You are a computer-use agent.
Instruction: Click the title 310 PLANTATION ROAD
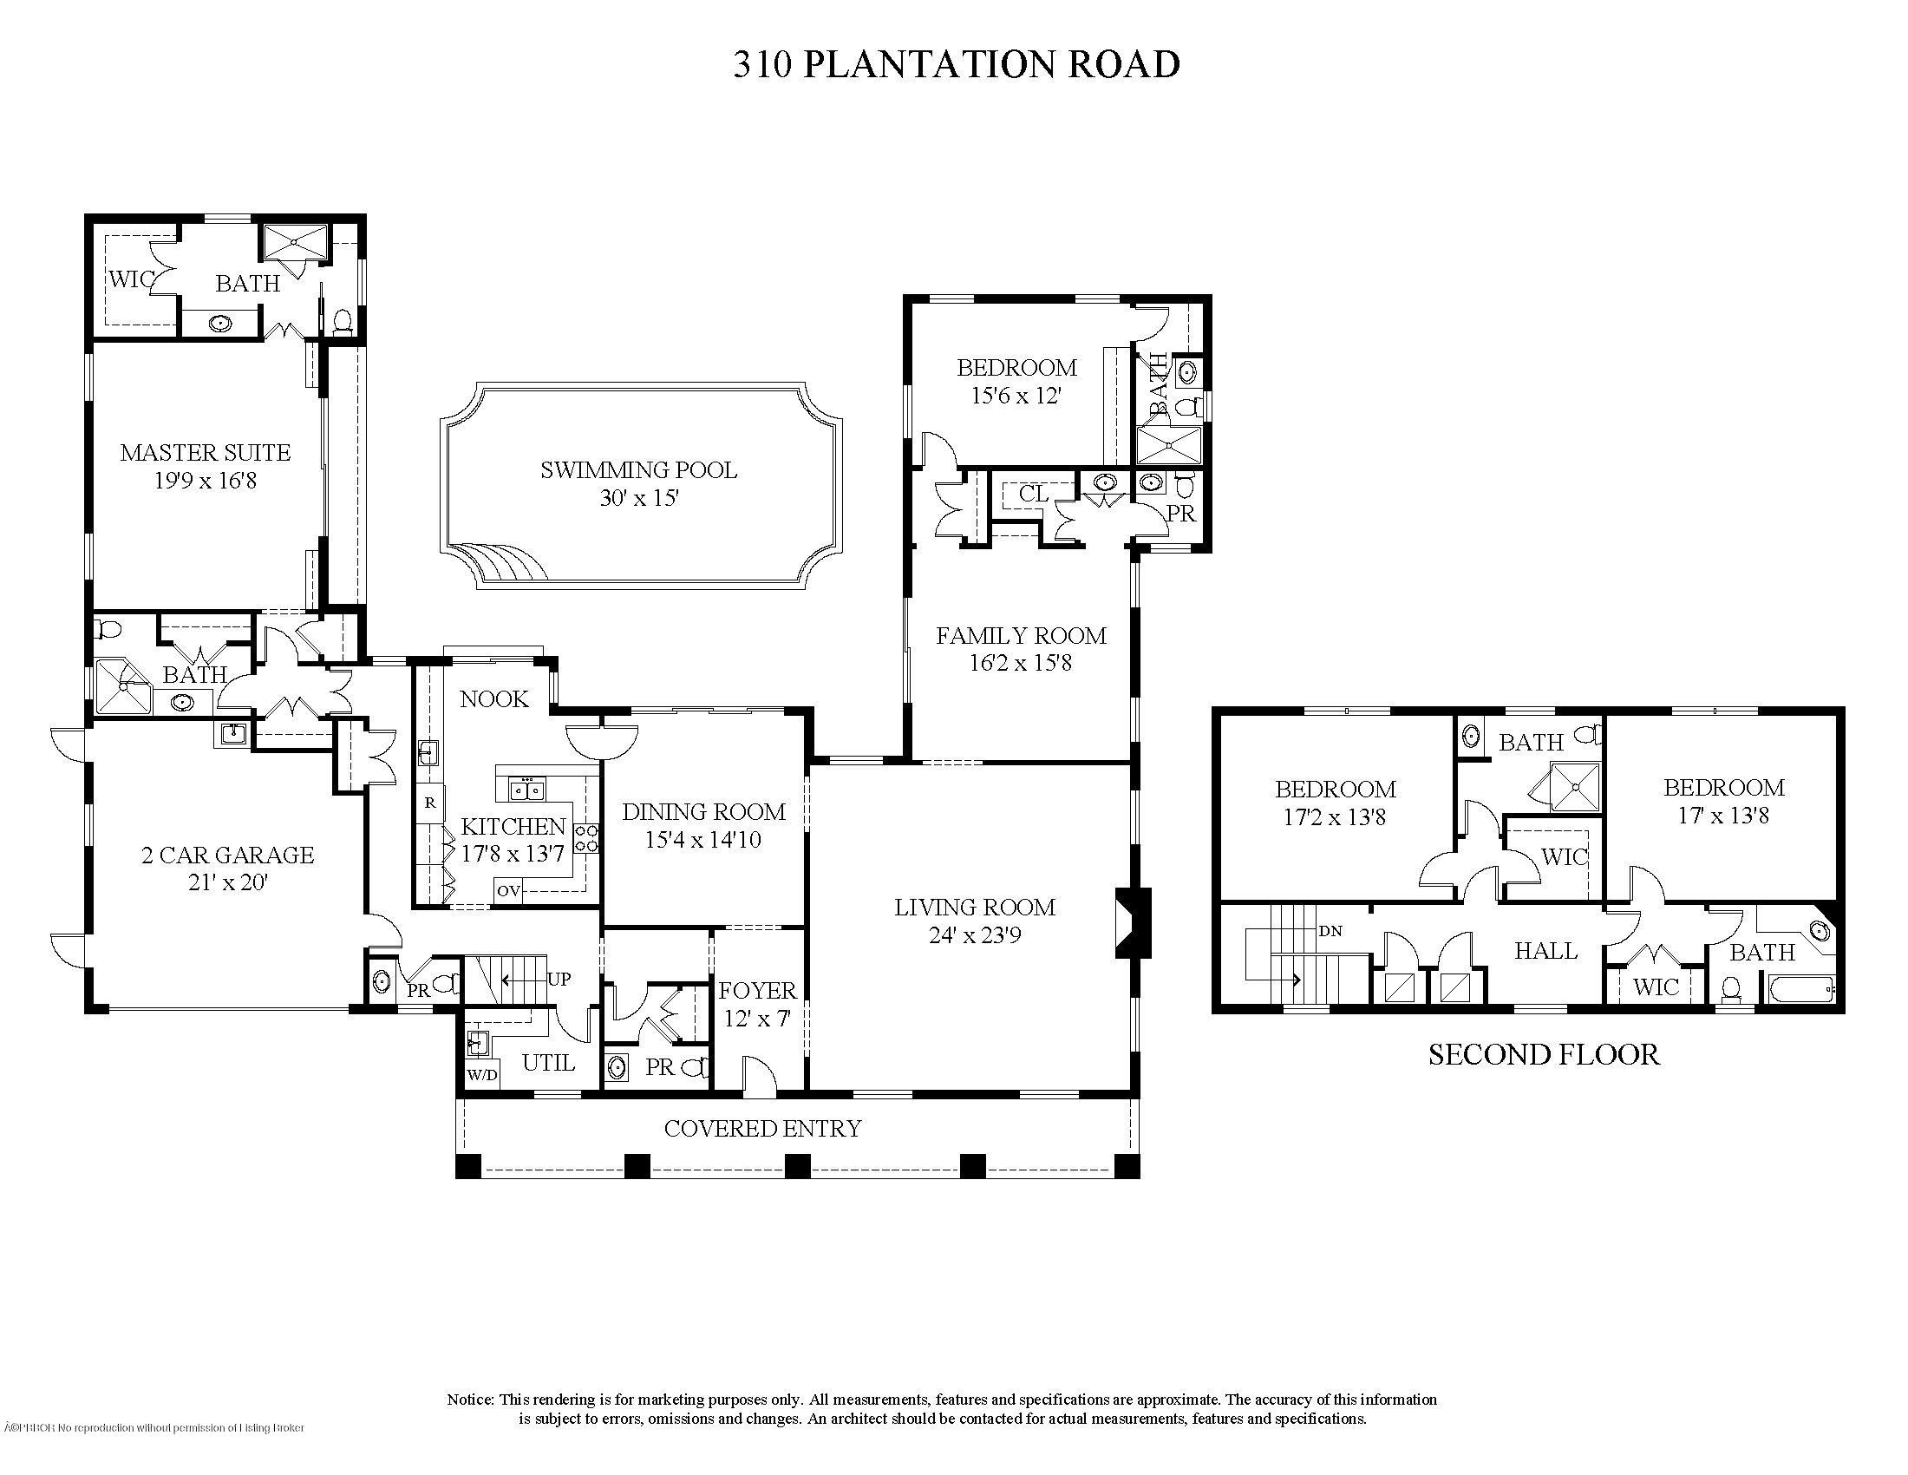tap(956, 65)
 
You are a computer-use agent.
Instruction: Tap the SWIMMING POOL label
tap(638, 470)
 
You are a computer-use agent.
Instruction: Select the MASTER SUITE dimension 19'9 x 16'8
tap(206, 481)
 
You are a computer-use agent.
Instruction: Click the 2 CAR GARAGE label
tap(227, 855)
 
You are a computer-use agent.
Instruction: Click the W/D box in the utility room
tap(481, 1075)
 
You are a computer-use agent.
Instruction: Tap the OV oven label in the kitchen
tap(508, 891)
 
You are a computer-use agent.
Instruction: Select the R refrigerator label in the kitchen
tap(430, 802)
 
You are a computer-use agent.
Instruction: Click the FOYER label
tap(757, 990)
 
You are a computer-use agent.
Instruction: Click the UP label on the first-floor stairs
tap(559, 979)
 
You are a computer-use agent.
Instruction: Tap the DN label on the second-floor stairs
tap(1330, 931)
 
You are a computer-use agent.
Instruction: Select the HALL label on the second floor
tap(1545, 951)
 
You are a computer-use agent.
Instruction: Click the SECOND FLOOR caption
tap(1544, 1055)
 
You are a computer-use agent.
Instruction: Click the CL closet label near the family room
tap(1034, 494)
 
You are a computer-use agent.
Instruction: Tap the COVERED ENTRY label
tap(762, 1129)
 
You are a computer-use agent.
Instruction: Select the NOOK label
tap(494, 699)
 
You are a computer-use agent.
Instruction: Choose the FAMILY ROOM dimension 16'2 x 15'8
tap(1021, 663)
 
